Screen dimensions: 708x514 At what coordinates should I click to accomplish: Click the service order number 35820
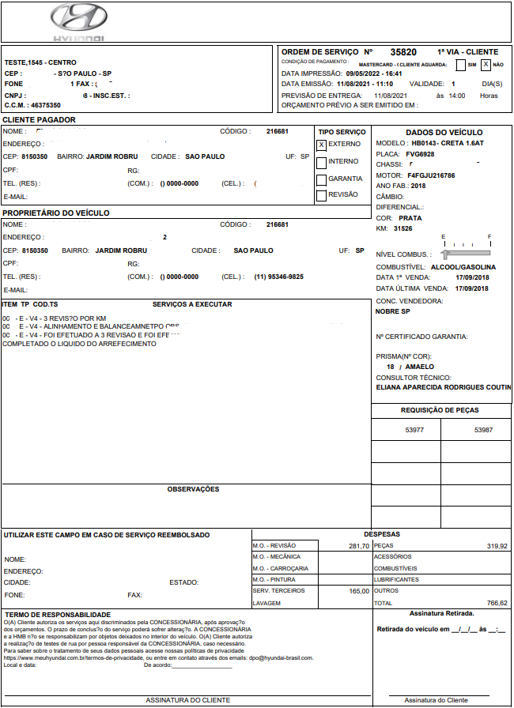point(403,52)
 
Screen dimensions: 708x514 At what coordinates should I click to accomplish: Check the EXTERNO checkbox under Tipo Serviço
point(321,145)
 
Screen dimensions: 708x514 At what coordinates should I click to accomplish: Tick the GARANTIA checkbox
point(321,179)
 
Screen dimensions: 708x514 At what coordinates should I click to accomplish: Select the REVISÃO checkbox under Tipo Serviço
point(321,195)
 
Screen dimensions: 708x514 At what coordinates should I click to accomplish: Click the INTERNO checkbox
point(321,162)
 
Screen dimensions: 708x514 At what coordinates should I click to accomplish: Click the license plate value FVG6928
point(421,155)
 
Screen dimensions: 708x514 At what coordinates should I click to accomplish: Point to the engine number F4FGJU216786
point(431,175)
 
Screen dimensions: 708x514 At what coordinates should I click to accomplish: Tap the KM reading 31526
point(403,228)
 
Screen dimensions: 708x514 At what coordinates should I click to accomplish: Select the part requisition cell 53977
point(415,430)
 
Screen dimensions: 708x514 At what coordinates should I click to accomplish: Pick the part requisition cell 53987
point(483,430)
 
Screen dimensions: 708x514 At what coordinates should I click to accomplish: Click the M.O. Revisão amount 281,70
point(358,546)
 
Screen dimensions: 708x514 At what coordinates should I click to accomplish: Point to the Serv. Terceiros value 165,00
point(359,591)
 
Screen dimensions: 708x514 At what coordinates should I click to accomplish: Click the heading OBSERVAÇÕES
point(193,490)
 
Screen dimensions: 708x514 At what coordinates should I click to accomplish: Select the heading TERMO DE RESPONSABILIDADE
point(58,614)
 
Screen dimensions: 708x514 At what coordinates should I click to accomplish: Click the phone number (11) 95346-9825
point(278,277)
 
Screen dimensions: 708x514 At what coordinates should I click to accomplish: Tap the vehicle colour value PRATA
point(410,218)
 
